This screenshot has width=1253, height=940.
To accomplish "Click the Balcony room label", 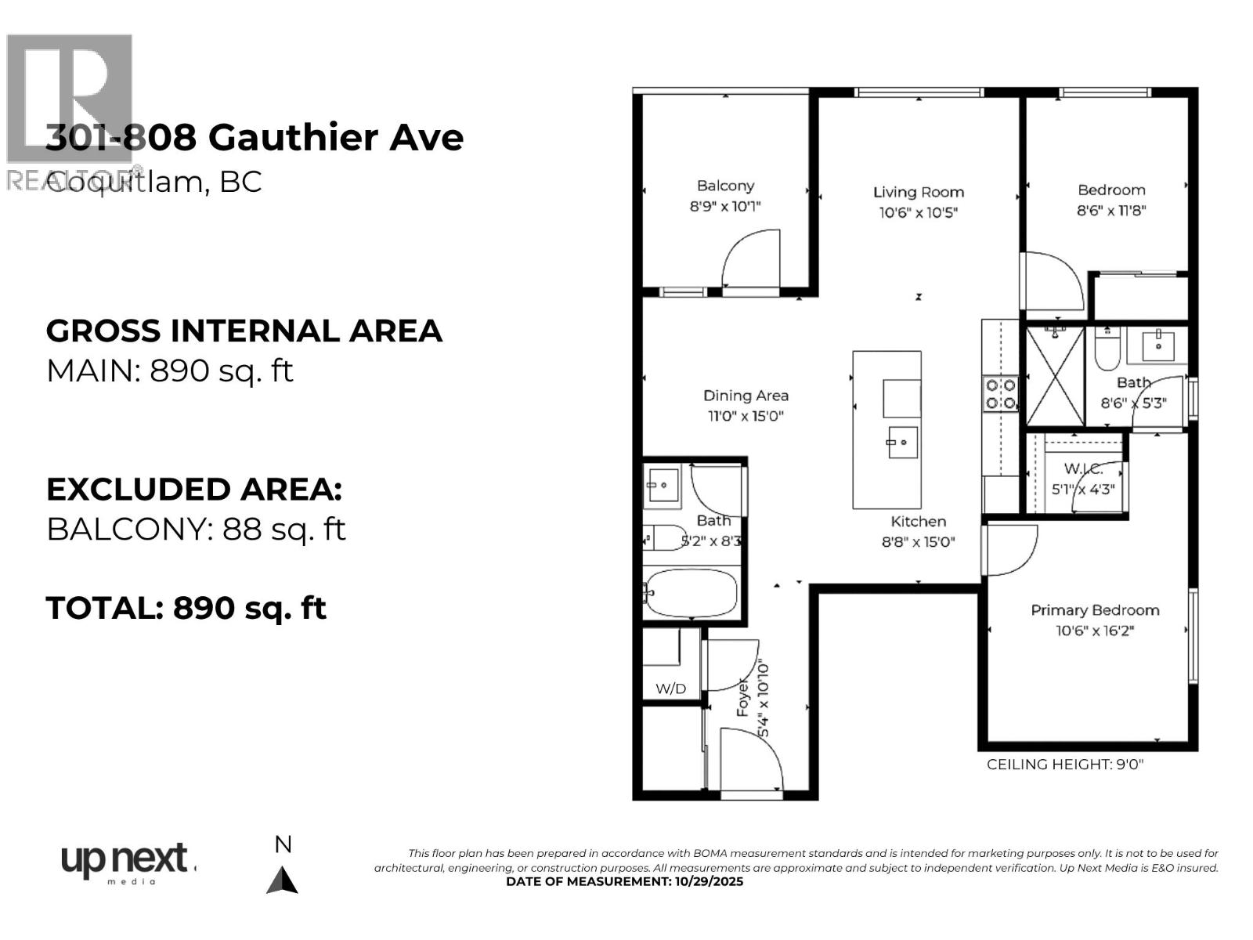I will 725,186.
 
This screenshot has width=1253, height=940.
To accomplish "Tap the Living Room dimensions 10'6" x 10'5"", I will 918,212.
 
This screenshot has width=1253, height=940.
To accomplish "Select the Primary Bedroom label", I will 1094,610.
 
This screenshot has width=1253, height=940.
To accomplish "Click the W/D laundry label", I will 670,689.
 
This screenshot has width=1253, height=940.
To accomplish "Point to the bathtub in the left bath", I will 691,593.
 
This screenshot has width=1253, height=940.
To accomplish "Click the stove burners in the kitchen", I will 1000,394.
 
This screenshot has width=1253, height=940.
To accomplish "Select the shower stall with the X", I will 1054,377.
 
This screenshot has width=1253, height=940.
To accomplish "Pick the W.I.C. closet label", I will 1083,469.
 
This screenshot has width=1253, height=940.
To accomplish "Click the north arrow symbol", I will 282,880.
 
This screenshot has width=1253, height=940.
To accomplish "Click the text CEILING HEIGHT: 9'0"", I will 1064,765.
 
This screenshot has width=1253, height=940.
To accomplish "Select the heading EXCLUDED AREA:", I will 193,490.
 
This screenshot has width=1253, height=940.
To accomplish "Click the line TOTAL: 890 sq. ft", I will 186,608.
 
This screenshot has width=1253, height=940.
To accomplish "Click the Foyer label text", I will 742,698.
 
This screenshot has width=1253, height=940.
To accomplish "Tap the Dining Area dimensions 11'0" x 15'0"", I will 745,416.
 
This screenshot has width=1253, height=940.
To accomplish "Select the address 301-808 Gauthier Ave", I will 255,138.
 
